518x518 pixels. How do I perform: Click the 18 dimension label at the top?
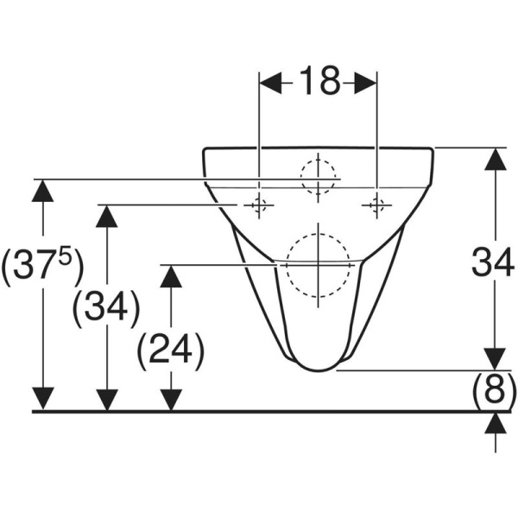point(319,83)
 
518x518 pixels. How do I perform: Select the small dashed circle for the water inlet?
point(318,178)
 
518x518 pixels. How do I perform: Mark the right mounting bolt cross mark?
point(376,205)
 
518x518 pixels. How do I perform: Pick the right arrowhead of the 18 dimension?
point(365,83)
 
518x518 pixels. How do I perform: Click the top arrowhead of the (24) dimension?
point(171,276)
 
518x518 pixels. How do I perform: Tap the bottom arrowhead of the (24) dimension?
point(171,400)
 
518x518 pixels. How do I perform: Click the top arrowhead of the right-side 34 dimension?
point(494,160)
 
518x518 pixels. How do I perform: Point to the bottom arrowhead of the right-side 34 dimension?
point(494,358)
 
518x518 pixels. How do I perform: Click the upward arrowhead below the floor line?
point(494,423)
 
